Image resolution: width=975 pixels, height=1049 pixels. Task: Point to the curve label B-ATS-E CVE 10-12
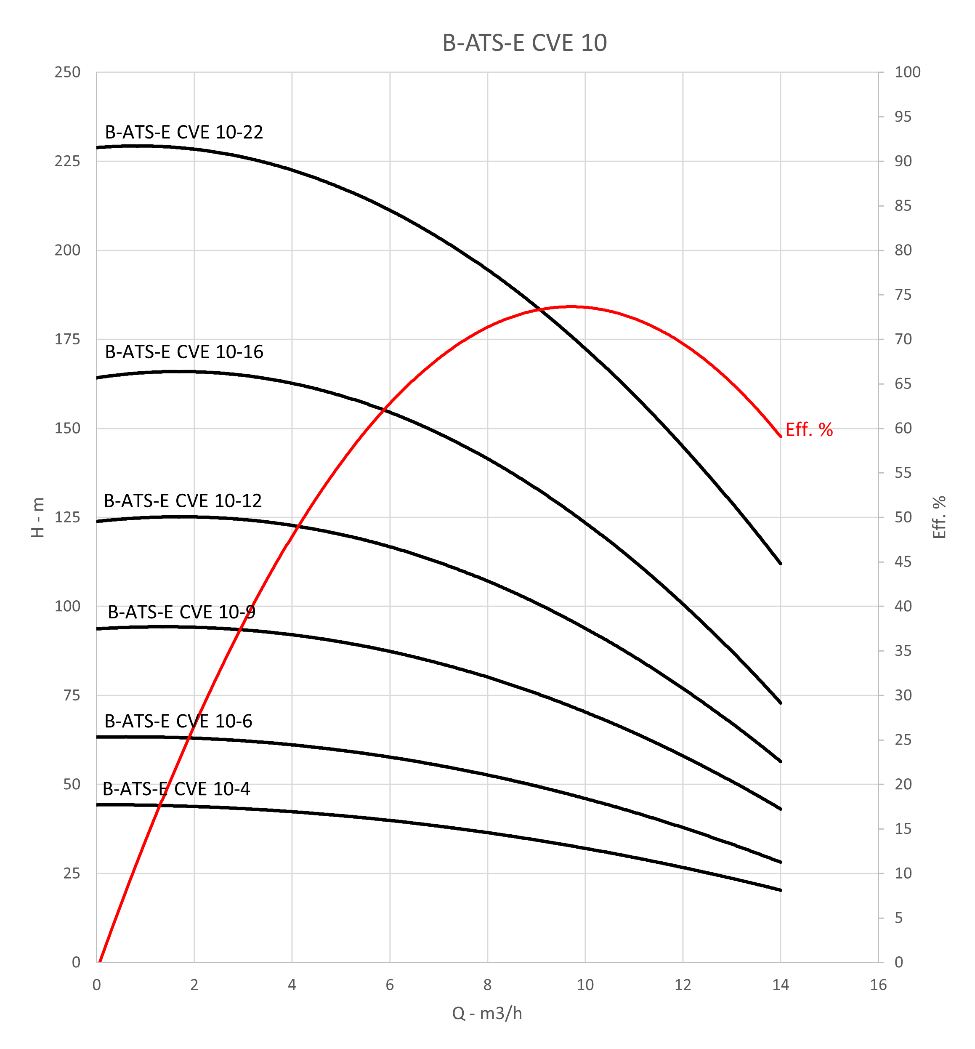pos(183,500)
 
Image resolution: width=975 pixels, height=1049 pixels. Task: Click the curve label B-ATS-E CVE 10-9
pos(181,612)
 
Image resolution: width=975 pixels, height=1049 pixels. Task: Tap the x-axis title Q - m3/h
pos(487,1013)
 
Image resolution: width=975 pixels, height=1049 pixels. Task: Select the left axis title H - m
pos(38,517)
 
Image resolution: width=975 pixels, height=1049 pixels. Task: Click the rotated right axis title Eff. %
pos(939,517)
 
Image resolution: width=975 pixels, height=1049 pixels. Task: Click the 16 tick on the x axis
pos(879,985)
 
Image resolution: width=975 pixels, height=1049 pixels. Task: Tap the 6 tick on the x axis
pos(390,985)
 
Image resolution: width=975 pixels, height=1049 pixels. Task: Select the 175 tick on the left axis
pos(67,339)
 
